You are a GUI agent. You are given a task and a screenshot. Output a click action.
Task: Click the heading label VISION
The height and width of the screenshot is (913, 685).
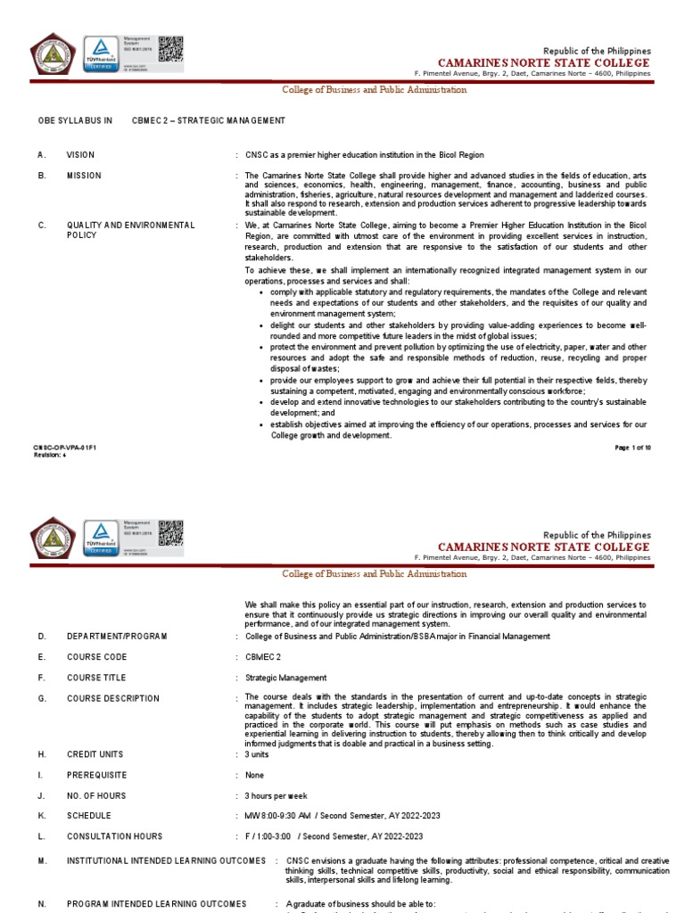coord(79,155)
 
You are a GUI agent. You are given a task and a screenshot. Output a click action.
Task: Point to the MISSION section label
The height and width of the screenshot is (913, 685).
coord(84,176)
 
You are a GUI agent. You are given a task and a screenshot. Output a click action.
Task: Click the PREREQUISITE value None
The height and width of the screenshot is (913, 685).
coord(257,775)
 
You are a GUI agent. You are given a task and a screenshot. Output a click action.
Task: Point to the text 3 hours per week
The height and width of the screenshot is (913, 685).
coord(276,795)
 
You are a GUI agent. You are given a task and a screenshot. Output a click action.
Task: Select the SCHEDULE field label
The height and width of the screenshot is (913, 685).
coord(89,816)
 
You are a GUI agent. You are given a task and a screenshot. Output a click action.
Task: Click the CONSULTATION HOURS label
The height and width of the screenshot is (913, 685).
coord(114,836)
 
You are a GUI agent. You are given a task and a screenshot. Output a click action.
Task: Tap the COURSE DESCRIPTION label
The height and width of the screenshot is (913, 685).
coord(113,699)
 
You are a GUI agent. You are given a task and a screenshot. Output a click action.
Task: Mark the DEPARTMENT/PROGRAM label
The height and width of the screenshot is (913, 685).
coord(117,636)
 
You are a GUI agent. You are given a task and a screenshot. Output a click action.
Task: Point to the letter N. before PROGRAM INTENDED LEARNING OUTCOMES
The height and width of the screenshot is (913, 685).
coord(41,904)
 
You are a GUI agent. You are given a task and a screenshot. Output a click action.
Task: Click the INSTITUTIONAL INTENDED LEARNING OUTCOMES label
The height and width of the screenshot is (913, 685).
coord(166,860)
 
